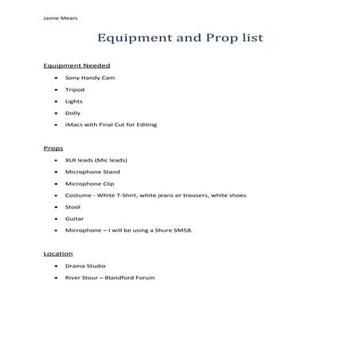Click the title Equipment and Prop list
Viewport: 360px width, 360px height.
(179, 37)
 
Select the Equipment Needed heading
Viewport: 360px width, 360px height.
(76, 65)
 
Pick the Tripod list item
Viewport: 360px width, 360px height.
(75, 90)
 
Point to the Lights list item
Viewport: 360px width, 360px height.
(74, 102)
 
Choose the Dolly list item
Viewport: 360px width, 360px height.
(73, 113)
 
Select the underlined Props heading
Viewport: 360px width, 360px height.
(53, 148)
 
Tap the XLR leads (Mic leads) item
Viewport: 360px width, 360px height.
(96, 160)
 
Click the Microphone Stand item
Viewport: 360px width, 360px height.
(92, 171)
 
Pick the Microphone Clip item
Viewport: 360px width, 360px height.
(90, 183)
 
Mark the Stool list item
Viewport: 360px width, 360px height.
(73, 207)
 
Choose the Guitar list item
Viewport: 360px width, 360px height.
(74, 218)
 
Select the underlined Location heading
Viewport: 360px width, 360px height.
(58, 253)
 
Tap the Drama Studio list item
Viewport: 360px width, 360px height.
(85, 265)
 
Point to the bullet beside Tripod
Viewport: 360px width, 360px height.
(54, 91)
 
